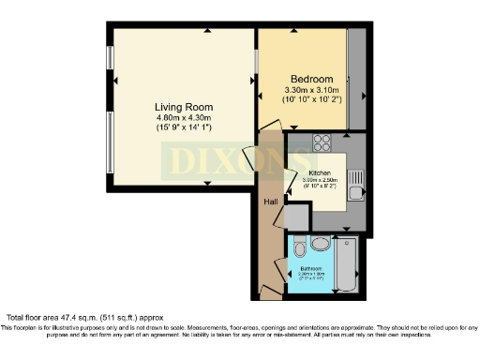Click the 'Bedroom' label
310,78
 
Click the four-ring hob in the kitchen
322,142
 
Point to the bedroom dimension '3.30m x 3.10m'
310,90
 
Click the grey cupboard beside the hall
296,218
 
